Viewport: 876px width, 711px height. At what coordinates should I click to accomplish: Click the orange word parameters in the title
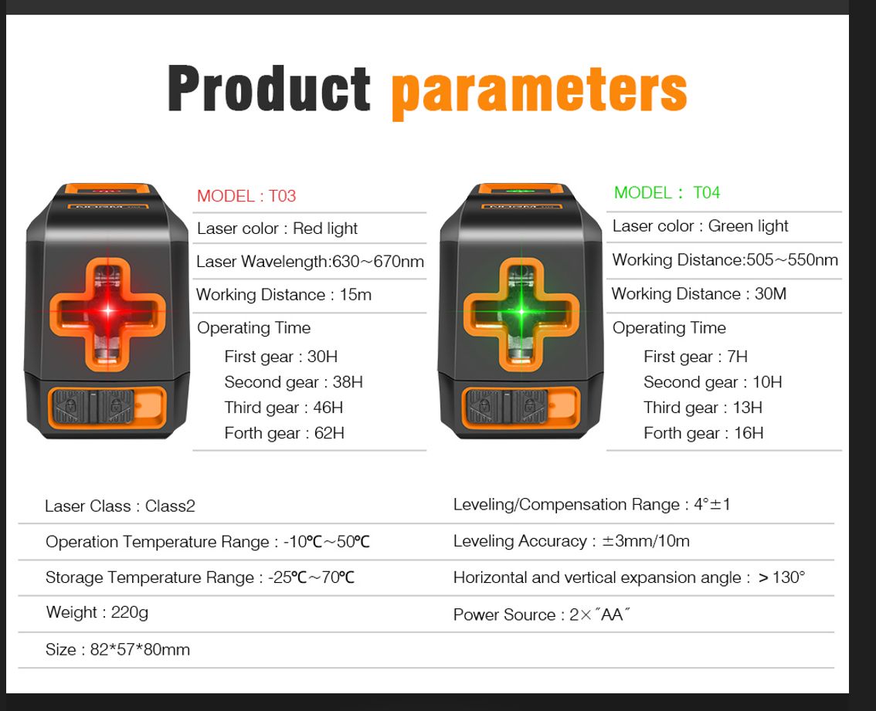539,92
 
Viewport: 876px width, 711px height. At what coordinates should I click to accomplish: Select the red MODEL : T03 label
246,196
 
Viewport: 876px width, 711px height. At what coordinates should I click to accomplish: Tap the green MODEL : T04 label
667,193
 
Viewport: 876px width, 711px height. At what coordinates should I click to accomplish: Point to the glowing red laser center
108,310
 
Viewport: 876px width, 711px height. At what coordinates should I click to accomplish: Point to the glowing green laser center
521,311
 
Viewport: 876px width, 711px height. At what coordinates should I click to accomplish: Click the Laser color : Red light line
277,229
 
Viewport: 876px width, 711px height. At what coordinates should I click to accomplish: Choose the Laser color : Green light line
700,226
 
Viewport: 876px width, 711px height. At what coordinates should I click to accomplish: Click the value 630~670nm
378,262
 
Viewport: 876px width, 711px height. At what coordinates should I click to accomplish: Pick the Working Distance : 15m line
284,294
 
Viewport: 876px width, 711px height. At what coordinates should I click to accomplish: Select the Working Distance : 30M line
699,294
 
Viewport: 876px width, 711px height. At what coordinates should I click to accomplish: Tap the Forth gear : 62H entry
284,433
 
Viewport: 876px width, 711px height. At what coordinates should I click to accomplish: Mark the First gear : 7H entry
695,357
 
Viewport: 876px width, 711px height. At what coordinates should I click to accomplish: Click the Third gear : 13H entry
703,407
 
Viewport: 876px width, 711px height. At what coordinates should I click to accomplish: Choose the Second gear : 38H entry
294,382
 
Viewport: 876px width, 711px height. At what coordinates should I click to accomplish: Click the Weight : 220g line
97,613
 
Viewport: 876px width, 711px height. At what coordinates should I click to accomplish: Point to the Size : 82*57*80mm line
118,649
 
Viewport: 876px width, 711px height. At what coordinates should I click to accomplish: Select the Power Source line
542,615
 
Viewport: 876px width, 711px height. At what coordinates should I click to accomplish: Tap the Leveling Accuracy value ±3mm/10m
646,540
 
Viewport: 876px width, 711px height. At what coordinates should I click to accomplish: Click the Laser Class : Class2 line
120,506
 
